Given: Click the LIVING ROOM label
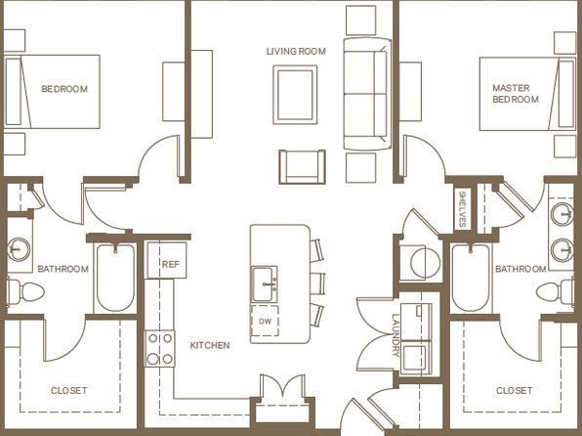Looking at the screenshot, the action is (x=296, y=51).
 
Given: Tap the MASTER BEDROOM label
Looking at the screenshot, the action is (x=516, y=94).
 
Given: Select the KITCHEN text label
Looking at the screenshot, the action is (x=210, y=345).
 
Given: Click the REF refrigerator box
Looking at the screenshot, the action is (x=167, y=260).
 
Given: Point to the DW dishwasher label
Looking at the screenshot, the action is (x=265, y=322).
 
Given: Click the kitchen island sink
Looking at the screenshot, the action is (x=265, y=284).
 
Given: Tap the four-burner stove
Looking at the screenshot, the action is (x=159, y=348).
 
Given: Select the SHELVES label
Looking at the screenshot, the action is (x=463, y=209).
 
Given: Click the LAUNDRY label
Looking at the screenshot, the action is (x=395, y=335).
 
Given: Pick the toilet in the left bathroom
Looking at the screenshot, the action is (x=25, y=291).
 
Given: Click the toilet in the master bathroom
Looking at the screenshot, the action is (x=556, y=291).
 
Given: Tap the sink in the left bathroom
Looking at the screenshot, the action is (x=18, y=248).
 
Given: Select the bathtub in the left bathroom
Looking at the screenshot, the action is (x=115, y=278).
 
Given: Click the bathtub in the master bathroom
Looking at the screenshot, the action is (x=471, y=278).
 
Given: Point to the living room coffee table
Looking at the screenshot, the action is (x=295, y=95).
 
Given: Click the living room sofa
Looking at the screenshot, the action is (x=367, y=94).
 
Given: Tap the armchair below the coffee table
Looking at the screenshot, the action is (x=302, y=167).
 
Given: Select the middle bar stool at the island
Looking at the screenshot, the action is (x=317, y=283).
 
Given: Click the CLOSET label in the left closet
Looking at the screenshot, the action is (x=69, y=391).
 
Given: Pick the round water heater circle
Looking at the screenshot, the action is (x=425, y=263).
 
